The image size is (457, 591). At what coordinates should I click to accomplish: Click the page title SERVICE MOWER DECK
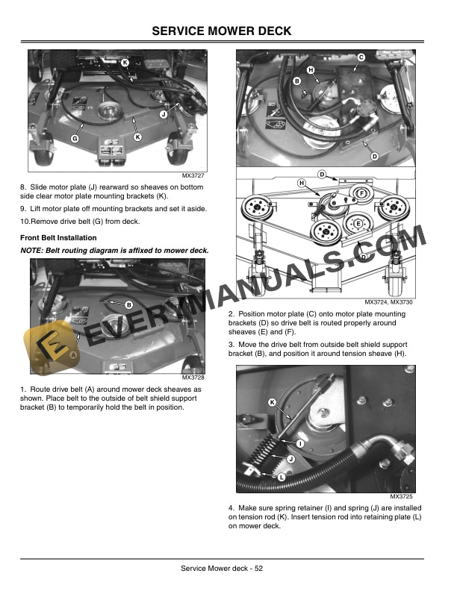pos(228,31)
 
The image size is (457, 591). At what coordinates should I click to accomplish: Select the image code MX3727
pos(193,175)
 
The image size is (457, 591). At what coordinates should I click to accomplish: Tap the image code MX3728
pos(193,378)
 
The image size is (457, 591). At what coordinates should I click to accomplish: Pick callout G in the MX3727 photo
pos(75,140)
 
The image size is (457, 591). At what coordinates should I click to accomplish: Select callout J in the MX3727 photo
pos(163,114)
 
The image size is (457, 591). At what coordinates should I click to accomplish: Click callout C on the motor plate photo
pos(361,57)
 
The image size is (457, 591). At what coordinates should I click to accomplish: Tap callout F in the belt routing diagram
pos(361,193)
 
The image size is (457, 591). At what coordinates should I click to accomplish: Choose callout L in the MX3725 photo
pos(282,476)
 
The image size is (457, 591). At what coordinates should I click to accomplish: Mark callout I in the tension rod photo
pos(299,444)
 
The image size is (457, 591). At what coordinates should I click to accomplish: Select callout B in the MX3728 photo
pos(128,304)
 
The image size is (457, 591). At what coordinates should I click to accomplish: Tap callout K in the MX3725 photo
pos(271,403)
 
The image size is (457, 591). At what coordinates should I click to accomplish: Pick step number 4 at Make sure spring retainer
pos(231,508)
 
